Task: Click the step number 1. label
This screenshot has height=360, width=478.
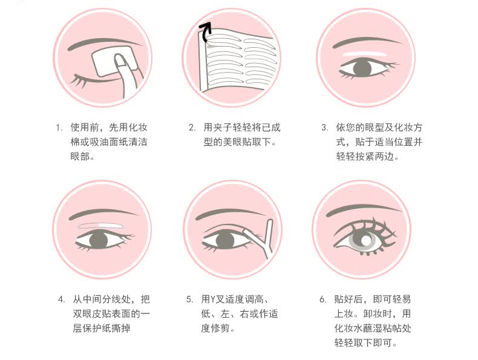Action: point(59,128)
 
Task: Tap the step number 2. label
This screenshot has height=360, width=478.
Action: point(192,128)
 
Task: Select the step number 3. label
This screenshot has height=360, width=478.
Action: point(325,128)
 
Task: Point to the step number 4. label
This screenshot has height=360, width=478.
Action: point(62,299)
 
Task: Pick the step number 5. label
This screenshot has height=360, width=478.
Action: point(189,299)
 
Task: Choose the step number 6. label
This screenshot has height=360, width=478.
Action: point(323,299)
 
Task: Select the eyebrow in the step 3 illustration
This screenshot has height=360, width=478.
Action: point(366,42)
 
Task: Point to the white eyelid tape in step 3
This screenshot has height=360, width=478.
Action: point(365,54)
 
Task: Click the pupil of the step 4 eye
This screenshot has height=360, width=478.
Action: point(99,239)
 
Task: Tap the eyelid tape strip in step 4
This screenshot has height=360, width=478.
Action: point(100,226)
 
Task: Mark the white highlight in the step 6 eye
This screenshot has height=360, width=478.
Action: point(365,240)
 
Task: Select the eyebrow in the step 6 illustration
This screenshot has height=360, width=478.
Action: point(363,210)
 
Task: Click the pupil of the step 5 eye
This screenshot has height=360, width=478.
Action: point(224,241)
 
